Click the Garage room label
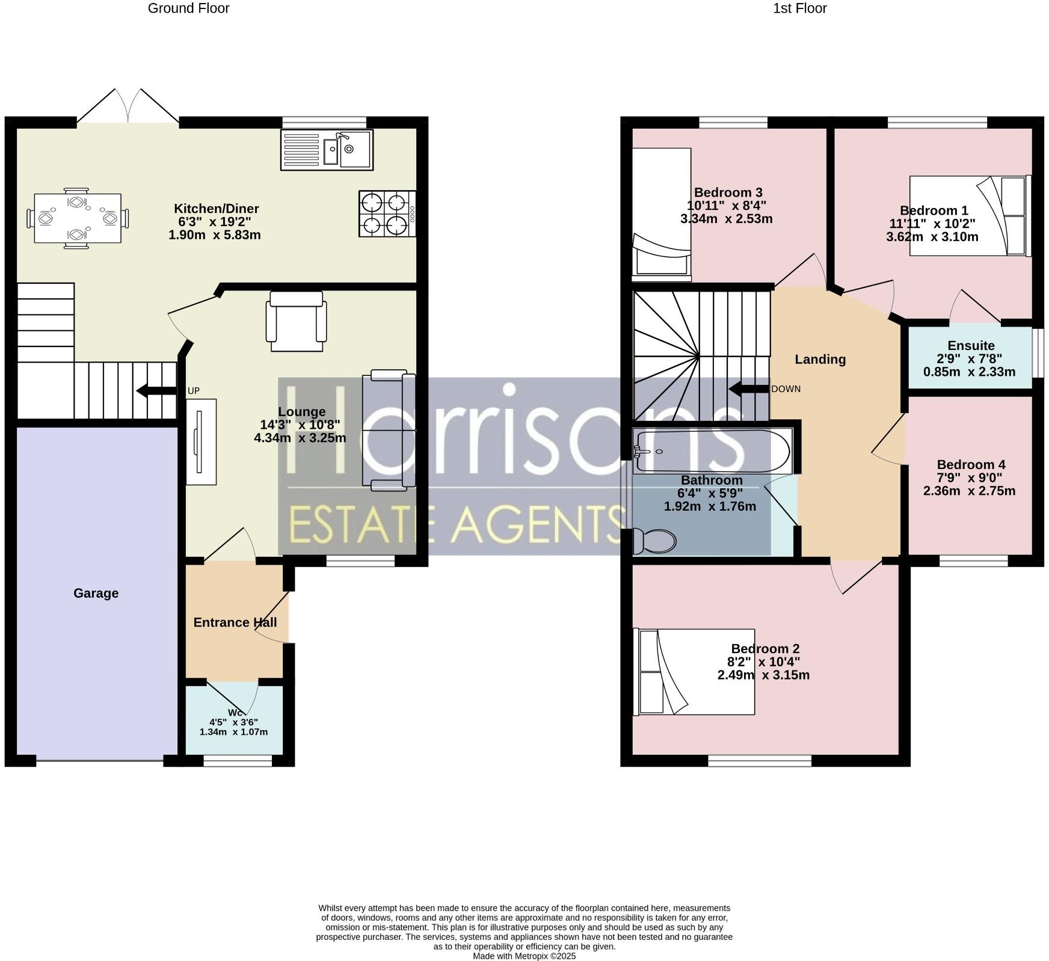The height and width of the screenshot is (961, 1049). (96, 593)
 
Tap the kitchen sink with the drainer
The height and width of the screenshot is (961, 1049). (327, 150)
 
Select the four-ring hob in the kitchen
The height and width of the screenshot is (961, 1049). (387, 213)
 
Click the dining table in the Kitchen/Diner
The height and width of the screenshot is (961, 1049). (78, 218)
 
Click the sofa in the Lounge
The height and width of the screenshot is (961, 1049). (389, 430)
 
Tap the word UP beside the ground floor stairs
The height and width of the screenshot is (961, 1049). (193, 391)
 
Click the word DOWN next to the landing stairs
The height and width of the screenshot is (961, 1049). (786, 389)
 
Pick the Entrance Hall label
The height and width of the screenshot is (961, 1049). (235, 622)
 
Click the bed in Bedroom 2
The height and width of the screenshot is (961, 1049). (695, 671)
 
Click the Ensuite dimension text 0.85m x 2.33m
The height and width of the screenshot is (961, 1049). (969, 372)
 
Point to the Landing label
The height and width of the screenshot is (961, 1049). (820, 359)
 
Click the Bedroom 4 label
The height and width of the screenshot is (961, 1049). (970, 464)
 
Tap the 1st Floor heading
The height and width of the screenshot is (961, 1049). (799, 8)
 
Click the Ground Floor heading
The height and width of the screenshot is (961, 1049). (188, 8)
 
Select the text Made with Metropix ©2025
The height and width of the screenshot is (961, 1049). (524, 956)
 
